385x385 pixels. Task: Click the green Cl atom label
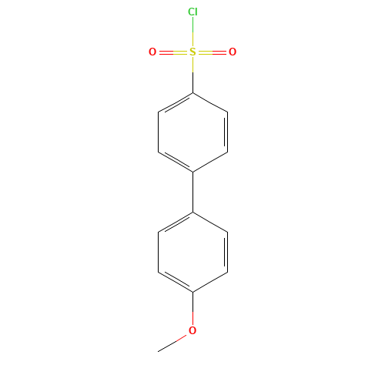192,12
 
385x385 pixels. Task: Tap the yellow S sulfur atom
192,52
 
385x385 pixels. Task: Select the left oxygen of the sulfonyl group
152,52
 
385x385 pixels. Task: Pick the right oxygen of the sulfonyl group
233,52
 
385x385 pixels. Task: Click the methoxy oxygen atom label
192,330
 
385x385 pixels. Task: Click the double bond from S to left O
173,52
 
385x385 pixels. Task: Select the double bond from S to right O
213,52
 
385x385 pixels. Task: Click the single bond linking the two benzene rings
192,192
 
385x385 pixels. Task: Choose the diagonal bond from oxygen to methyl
172,343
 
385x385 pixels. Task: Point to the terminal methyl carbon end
158,351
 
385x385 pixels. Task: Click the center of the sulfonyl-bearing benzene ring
192,132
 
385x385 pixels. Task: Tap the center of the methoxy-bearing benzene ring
192,252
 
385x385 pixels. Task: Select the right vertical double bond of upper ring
226,132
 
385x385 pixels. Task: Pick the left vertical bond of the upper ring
158,132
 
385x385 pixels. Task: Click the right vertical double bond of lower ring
226,252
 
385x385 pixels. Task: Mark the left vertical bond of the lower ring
158,252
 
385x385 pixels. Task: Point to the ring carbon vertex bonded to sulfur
192,92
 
